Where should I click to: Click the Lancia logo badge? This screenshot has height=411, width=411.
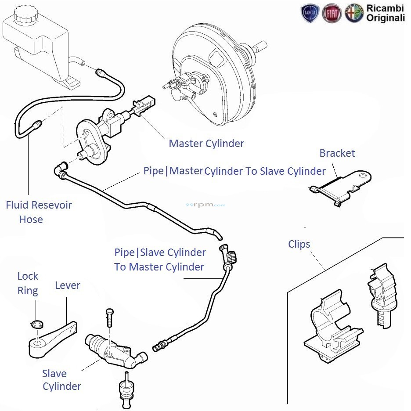310,13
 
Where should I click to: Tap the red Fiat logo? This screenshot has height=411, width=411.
332,13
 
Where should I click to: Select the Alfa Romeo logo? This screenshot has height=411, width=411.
354,13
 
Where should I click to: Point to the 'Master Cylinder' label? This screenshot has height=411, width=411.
206,143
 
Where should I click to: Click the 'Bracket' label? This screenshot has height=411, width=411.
337,153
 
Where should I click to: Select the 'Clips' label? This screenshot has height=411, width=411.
299,244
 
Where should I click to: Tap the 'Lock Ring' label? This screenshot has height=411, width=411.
28,283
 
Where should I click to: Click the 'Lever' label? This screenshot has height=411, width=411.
68,285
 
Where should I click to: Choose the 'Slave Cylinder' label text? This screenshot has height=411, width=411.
61,380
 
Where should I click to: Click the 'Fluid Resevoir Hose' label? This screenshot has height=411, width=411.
39,212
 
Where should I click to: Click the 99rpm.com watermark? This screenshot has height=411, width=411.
211,205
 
